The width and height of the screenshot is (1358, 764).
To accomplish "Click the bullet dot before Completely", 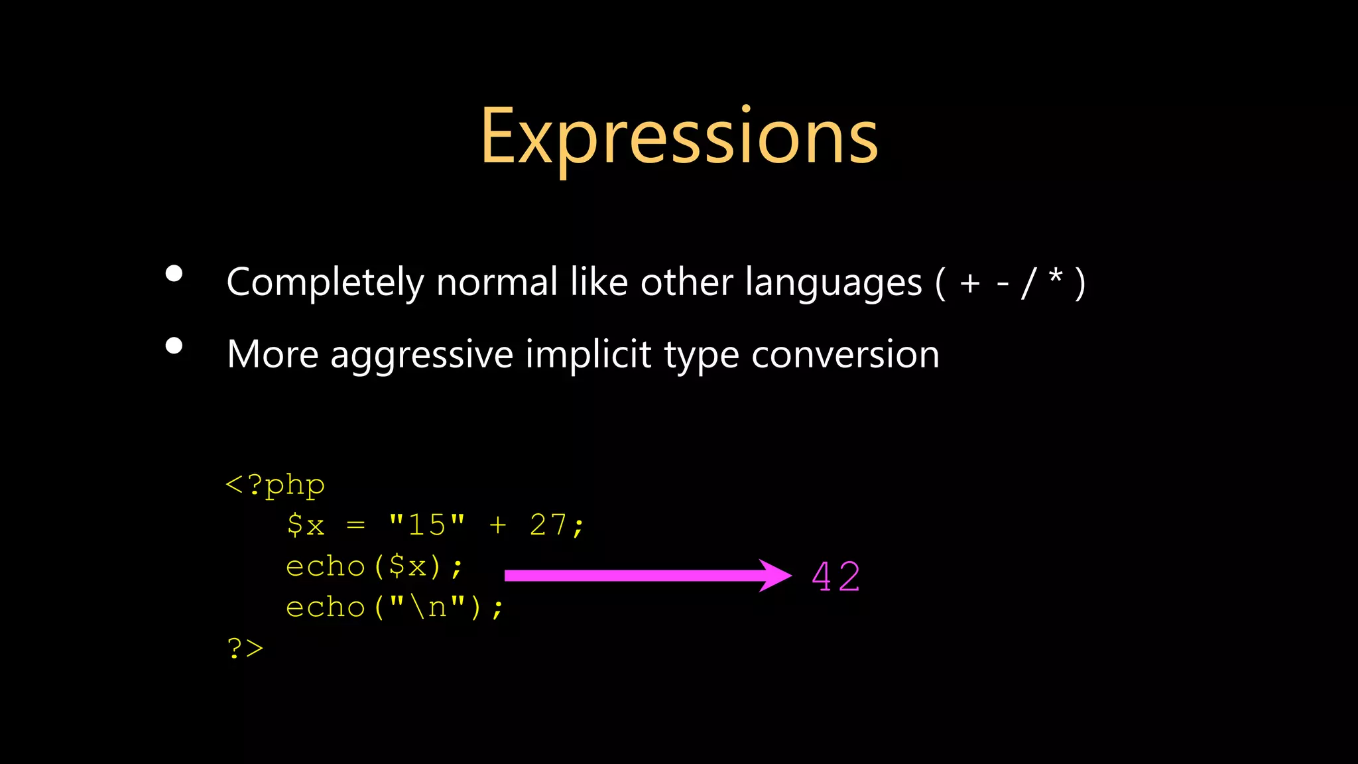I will [x=174, y=274].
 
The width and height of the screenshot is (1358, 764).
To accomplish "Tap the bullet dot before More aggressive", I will [x=174, y=346].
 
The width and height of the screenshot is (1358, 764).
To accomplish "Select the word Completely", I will [x=325, y=283].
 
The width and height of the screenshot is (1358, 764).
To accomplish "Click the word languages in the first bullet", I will [x=833, y=283].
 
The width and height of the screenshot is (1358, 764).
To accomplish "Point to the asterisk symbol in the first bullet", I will [x=1056, y=275].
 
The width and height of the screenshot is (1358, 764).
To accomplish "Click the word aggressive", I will [x=422, y=355].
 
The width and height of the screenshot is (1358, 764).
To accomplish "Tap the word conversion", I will [x=845, y=355].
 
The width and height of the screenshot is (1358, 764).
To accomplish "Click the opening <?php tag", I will [x=275, y=485].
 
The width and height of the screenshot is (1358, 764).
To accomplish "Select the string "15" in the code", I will [x=427, y=525].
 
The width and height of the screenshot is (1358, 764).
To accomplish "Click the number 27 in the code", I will [x=548, y=525].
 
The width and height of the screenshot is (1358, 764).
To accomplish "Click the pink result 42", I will [x=836, y=576].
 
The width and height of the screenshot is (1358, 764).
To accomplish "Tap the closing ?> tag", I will [x=245, y=648].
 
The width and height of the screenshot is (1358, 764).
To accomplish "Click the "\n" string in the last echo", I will [x=427, y=607].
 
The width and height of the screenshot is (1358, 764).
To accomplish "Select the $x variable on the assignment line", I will [x=306, y=525].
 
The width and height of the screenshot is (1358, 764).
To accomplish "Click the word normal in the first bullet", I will [x=497, y=283].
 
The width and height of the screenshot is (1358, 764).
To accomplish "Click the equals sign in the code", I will [x=356, y=525].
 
